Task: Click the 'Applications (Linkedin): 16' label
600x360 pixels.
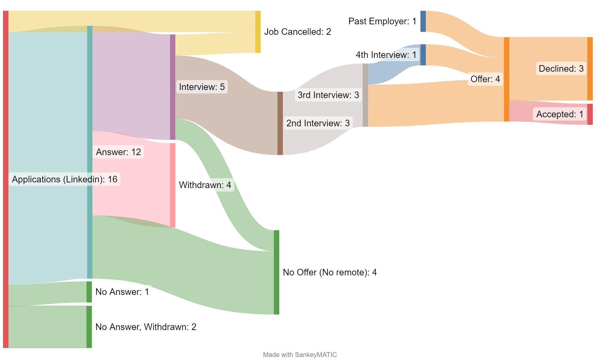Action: click(x=64, y=179)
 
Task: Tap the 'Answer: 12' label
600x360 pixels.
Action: click(x=118, y=152)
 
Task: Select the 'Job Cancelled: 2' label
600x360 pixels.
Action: click(x=297, y=31)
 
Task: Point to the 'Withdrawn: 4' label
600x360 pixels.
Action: click(x=205, y=185)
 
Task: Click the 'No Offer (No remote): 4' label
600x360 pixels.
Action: click(x=329, y=272)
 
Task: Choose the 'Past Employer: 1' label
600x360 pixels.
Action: click(x=382, y=21)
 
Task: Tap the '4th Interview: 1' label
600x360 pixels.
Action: click(x=386, y=55)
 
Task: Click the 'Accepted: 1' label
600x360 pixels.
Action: click(x=559, y=114)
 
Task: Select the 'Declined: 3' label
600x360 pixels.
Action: click(x=561, y=68)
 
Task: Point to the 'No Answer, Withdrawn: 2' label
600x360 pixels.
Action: click(x=146, y=327)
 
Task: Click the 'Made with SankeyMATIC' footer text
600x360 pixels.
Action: click(x=300, y=355)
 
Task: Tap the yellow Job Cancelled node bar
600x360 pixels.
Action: click(x=258, y=32)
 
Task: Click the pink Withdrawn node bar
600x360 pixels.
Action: click(x=173, y=185)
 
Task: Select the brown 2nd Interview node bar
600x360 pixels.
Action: click(x=280, y=123)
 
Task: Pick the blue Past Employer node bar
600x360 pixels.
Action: click(x=423, y=21)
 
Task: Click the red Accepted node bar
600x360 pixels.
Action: click(x=590, y=114)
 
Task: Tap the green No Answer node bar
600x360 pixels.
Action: click(x=89, y=292)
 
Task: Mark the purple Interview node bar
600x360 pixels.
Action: click(x=173, y=87)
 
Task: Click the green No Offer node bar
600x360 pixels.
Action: click(x=276, y=272)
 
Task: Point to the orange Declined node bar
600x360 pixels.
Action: click(x=590, y=69)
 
